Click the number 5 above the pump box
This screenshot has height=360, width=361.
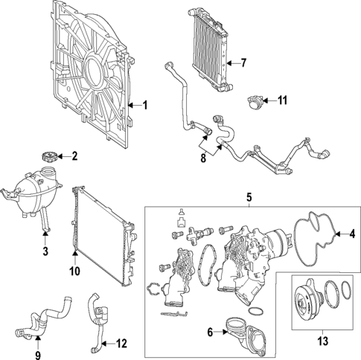coord(250,198)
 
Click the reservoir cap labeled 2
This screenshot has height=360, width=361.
coord(47,158)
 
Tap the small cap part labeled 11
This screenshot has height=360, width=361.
coord(256,100)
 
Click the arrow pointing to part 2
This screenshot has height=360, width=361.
coord(61,157)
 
